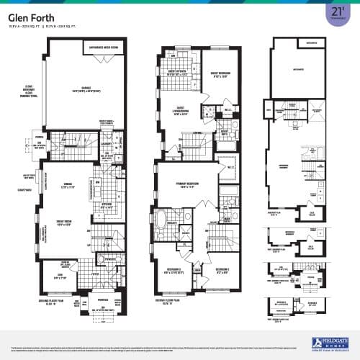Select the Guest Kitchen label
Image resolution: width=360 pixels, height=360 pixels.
(176, 73)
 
